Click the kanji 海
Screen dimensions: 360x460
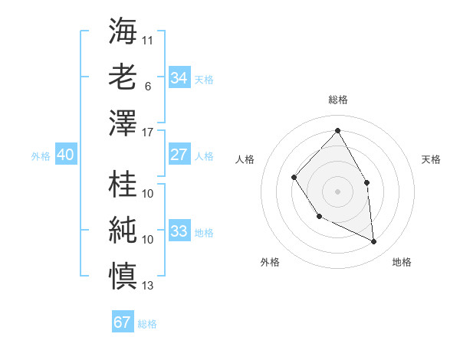(x=123, y=31)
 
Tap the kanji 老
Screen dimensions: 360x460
(x=123, y=77)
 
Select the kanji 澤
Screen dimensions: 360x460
(x=123, y=123)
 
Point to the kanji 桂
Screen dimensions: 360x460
(x=123, y=185)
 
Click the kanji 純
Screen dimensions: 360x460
(x=123, y=231)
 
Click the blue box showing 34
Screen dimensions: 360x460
(x=179, y=77)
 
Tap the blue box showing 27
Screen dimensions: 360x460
(x=179, y=154)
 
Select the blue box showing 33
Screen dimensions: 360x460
(x=179, y=231)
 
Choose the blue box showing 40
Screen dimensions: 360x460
(x=65, y=154)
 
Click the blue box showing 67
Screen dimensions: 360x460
(x=122, y=322)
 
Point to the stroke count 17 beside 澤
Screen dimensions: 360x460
(x=148, y=133)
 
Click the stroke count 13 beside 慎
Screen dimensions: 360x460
(x=148, y=286)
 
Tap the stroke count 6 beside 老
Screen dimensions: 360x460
(x=147, y=87)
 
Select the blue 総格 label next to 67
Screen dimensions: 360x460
(x=147, y=324)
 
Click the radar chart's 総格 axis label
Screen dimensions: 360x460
(x=338, y=100)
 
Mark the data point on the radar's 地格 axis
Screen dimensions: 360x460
(x=374, y=241)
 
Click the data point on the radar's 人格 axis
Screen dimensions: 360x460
(x=294, y=178)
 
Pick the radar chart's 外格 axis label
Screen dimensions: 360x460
(x=270, y=262)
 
